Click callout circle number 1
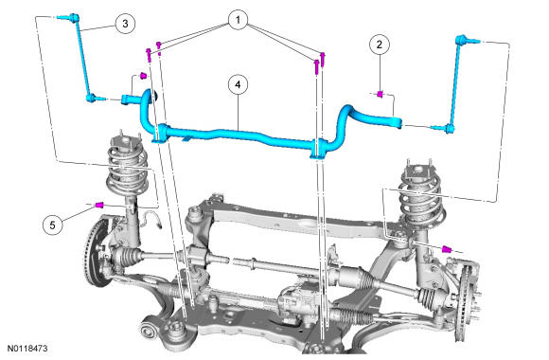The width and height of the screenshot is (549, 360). click(239, 20)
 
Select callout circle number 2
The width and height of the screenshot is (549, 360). click(380, 45)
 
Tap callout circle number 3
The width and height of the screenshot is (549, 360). click(125, 24)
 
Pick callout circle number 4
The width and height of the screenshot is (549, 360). click(239, 84)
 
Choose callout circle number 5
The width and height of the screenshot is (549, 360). click(52, 225)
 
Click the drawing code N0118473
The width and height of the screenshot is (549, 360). click(27, 349)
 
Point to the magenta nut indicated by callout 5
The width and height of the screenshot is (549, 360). click(99, 204)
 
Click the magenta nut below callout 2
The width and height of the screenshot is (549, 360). click(380, 94)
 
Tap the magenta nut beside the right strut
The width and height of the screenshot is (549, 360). click(447, 249)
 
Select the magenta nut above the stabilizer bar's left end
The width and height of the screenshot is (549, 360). click(143, 76)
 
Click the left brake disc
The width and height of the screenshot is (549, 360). click(94, 252)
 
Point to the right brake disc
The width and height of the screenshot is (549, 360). click(464, 301)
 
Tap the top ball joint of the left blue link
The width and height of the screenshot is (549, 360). click(73, 17)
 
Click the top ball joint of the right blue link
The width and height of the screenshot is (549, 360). click(461, 40)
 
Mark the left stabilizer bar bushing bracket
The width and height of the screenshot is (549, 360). click(160, 134)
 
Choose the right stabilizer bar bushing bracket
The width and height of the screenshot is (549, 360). click(318, 149)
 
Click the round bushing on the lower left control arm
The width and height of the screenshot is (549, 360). click(149, 330)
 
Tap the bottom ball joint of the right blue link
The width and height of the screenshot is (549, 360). click(450, 129)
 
